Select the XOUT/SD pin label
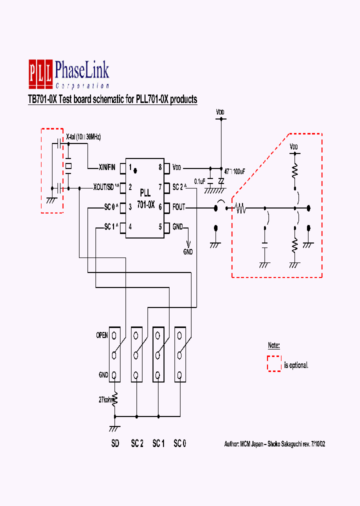click(x=106, y=187)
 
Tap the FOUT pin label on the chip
click(x=179, y=206)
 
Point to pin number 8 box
click(x=160, y=167)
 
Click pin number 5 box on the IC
click(x=160, y=226)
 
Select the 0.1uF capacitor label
click(x=198, y=181)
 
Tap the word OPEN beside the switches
click(x=102, y=335)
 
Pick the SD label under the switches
click(x=115, y=443)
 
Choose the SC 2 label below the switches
click(x=137, y=443)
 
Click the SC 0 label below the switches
click(x=179, y=443)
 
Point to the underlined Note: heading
click(x=273, y=345)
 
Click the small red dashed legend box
click(x=274, y=363)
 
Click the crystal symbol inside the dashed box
click(x=68, y=165)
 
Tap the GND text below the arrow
click(x=188, y=252)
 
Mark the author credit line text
click(x=275, y=443)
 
